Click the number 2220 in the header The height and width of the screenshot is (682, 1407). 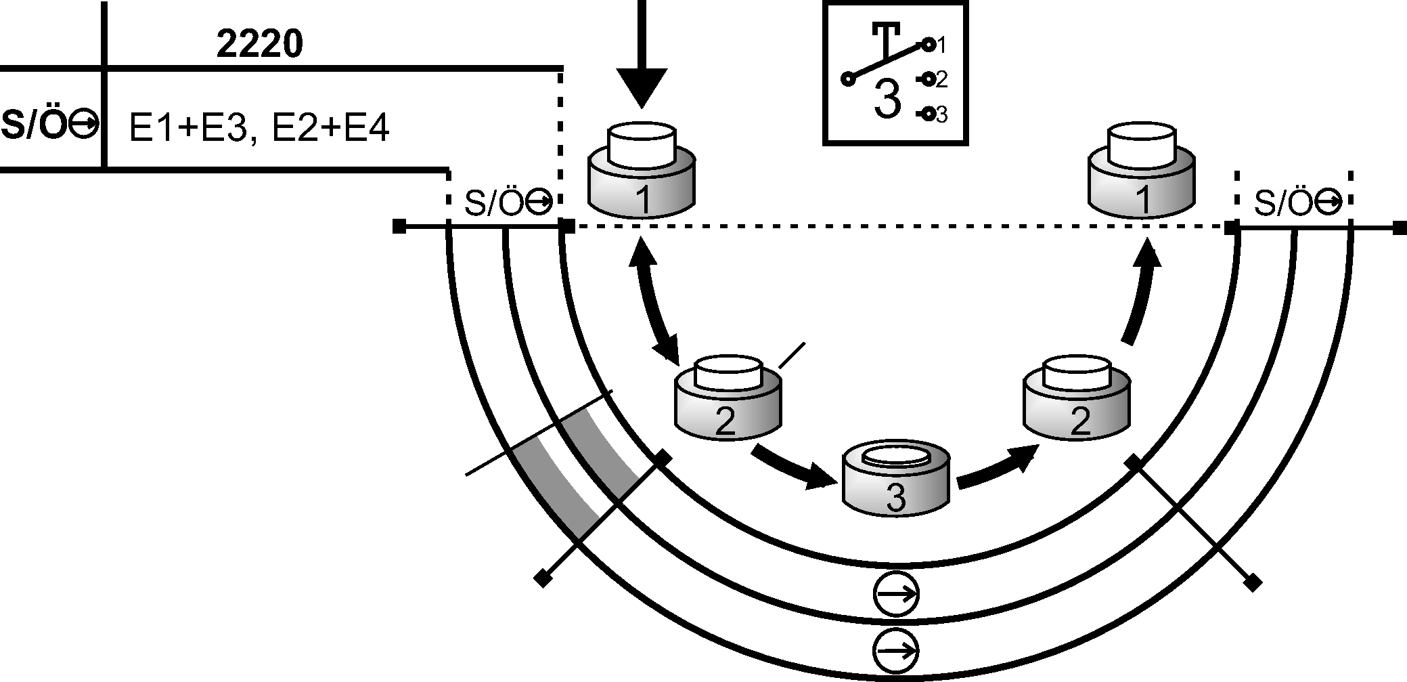click(x=259, y=45)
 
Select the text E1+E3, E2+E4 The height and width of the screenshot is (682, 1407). click(x=259, y=127)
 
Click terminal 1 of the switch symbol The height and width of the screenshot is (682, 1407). click(x=929, y=45)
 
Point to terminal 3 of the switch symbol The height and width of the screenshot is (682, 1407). click(x=929, y=114)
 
